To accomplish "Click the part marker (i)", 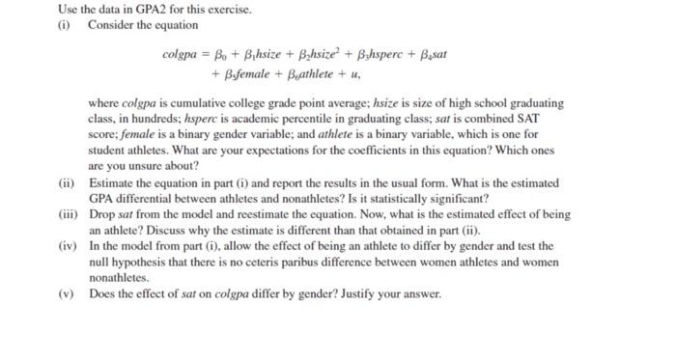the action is coord(65,24).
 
